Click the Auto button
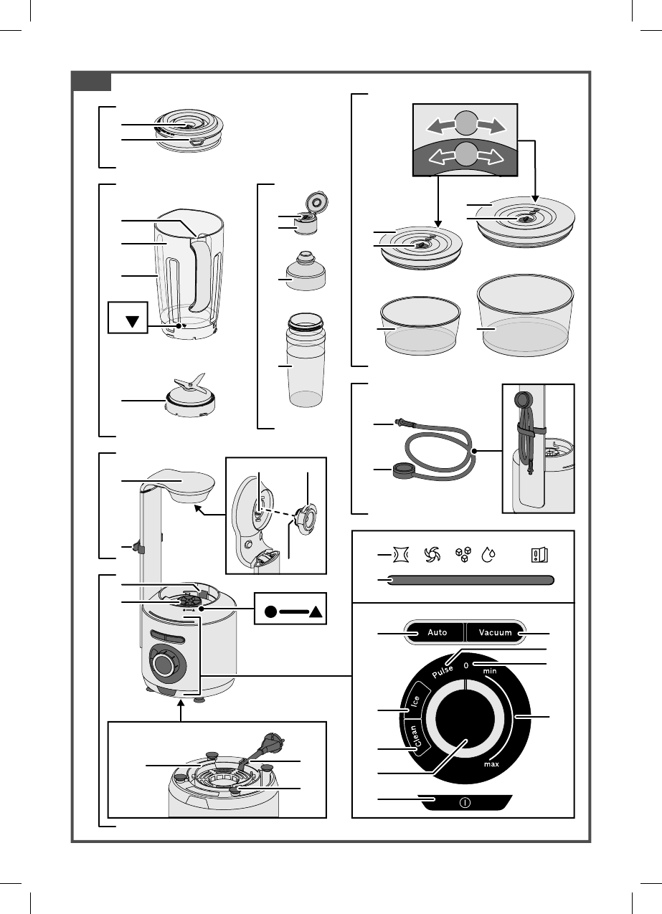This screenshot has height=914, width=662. (437, 633)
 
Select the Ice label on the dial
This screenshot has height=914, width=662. (415, 700)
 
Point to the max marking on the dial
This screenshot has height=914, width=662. (491, 764)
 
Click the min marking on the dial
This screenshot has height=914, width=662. (490, 671)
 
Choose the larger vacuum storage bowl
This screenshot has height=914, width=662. (525, 315)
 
